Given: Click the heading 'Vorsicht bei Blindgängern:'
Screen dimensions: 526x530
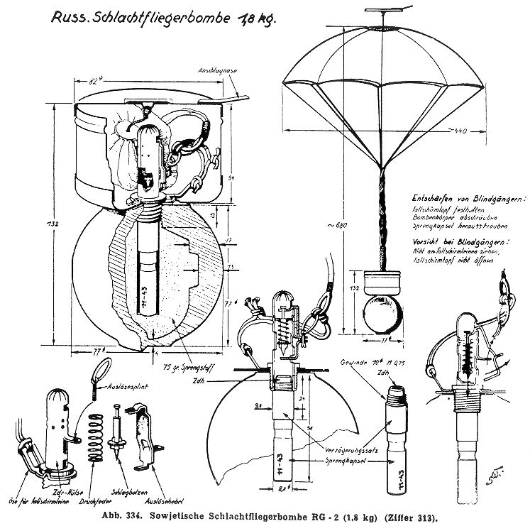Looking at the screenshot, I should (x=451, y=241).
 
